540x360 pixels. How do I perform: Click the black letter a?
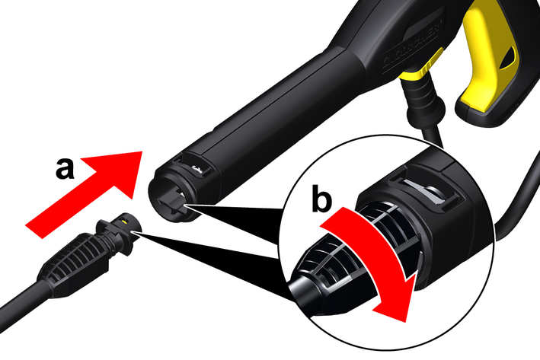click(65, 169)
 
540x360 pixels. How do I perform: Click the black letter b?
click(321, 198)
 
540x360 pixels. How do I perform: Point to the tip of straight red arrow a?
click(142, 151)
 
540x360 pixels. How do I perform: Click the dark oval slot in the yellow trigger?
click(508, 59)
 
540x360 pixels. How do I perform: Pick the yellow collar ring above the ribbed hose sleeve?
click(415, 75)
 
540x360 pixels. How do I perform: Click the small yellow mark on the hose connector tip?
click(124, 221)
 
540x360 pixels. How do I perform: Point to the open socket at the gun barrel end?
click(171, 199)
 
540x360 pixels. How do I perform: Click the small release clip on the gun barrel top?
click(199, 169)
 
